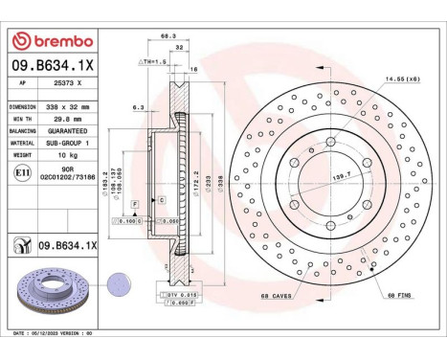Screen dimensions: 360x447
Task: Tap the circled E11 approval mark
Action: tap(20, 171)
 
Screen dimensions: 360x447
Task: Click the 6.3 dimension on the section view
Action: tap(140, 108)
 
